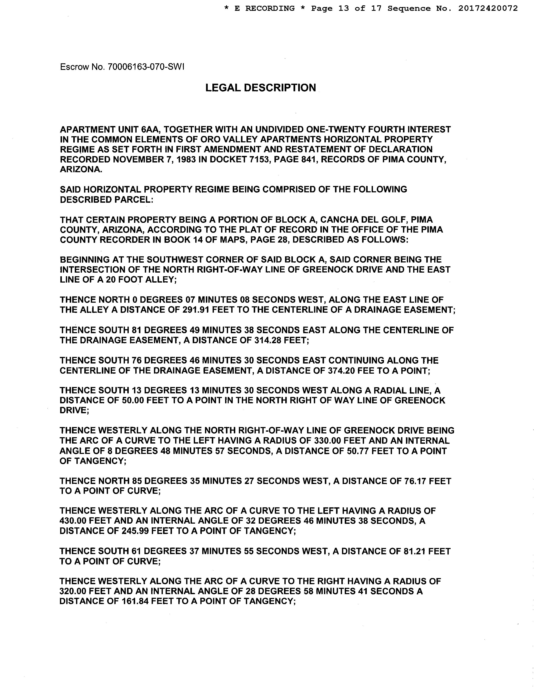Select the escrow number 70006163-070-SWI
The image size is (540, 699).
[x=146, y=67]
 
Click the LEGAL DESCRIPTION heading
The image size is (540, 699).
[x=260, y=88]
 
